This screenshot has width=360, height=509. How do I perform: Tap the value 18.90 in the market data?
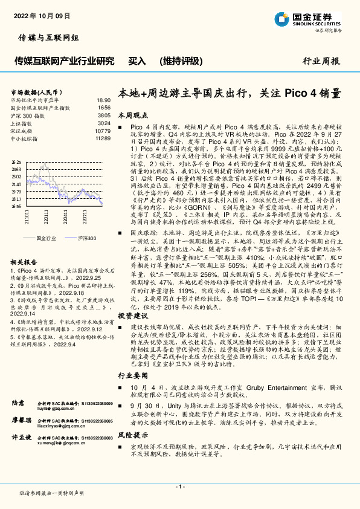click(103, 100)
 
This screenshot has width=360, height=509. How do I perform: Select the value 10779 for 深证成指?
click(102, 131)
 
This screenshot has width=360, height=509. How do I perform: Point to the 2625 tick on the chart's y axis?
click(16, 163)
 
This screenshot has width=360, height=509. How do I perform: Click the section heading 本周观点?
click(132, 114)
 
